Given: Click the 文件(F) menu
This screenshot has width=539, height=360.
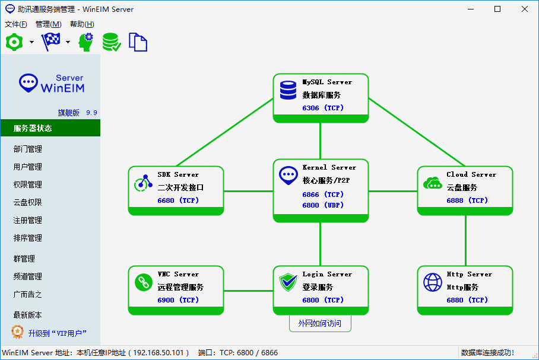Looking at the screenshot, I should pos(16,24).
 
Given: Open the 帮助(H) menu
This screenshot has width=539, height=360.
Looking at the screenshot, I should pos(82,24).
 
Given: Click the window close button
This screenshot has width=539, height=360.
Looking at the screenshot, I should pos(525,9).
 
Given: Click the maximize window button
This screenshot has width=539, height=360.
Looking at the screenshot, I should pos(497,9).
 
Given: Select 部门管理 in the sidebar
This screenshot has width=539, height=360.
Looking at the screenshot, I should pos(28,149).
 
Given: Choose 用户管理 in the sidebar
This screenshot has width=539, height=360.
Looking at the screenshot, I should pos(28,167).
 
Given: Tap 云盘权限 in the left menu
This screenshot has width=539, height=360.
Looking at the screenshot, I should pos(28,202).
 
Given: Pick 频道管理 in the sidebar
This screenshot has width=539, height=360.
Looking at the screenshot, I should pos(28,276).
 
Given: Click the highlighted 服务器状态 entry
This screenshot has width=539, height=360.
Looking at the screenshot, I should pos(33,128).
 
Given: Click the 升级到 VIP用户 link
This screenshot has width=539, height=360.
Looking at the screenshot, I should pos(57,333).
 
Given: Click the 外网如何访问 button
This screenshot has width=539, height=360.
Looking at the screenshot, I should pos(321,324).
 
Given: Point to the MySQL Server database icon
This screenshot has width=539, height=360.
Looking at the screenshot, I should pos(288,90).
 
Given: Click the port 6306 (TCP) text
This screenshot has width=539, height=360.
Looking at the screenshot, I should pos(323,108).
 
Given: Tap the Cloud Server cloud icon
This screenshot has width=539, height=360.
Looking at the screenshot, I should pos(433,183).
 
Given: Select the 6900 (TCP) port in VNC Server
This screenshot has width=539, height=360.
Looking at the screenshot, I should pos(178,300).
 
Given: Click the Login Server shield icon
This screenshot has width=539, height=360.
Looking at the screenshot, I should pos(288,282).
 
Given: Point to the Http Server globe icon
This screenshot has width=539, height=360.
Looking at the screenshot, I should pos(433,282).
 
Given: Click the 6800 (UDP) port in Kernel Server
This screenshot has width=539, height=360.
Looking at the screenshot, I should pos(323,205).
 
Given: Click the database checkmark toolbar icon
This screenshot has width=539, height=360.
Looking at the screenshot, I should pos(112,42).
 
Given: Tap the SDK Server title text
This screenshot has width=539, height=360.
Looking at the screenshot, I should pos(178,174).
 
